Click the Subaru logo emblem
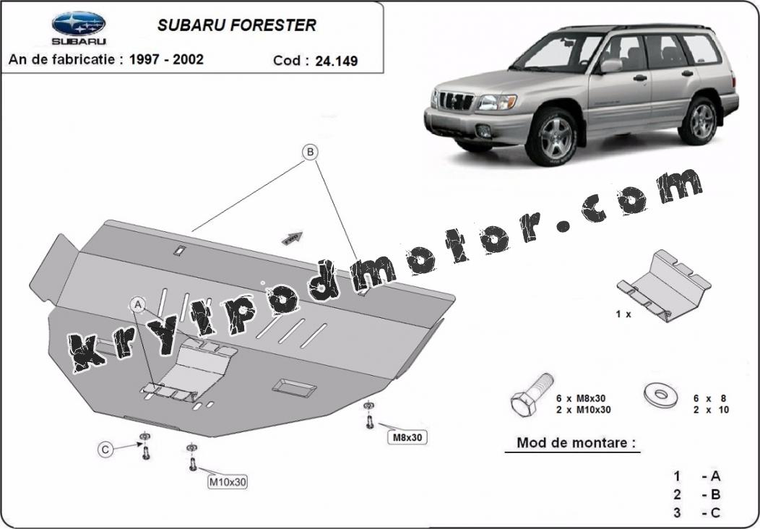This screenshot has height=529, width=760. coord(79,23)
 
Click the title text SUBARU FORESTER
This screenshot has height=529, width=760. coord(236,25)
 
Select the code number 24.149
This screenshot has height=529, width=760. coord(337,61)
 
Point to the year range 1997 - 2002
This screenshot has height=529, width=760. coord(166,59)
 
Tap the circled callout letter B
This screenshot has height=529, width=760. coord(310,152)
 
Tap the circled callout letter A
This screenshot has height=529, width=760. coord(138,304)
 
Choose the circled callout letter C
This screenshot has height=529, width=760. coord(105,450)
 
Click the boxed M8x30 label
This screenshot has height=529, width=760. coord(407,437)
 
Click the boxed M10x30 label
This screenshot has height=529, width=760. coord(228,482)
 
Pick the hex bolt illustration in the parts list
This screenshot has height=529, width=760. coord(532,395)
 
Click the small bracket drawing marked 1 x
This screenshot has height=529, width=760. coord(663,285)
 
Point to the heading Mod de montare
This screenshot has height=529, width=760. coord(575,443)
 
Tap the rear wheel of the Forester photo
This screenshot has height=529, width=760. coord(699,121)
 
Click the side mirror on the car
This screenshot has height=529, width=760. coord(611,66)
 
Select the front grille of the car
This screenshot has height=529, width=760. coord(456,101)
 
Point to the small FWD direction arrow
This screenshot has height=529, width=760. coord(292,238)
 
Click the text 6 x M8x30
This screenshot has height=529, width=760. coord(581,399)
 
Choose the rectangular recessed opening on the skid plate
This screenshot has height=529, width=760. coord(294,388)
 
